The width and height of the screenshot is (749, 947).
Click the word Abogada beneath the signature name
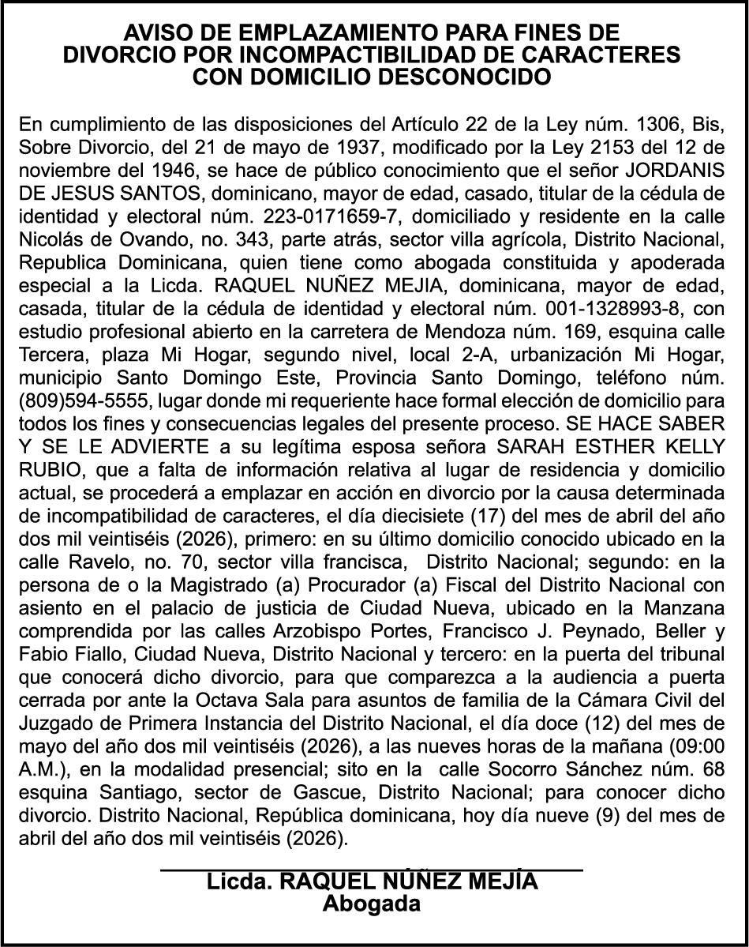click(372, 904)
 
